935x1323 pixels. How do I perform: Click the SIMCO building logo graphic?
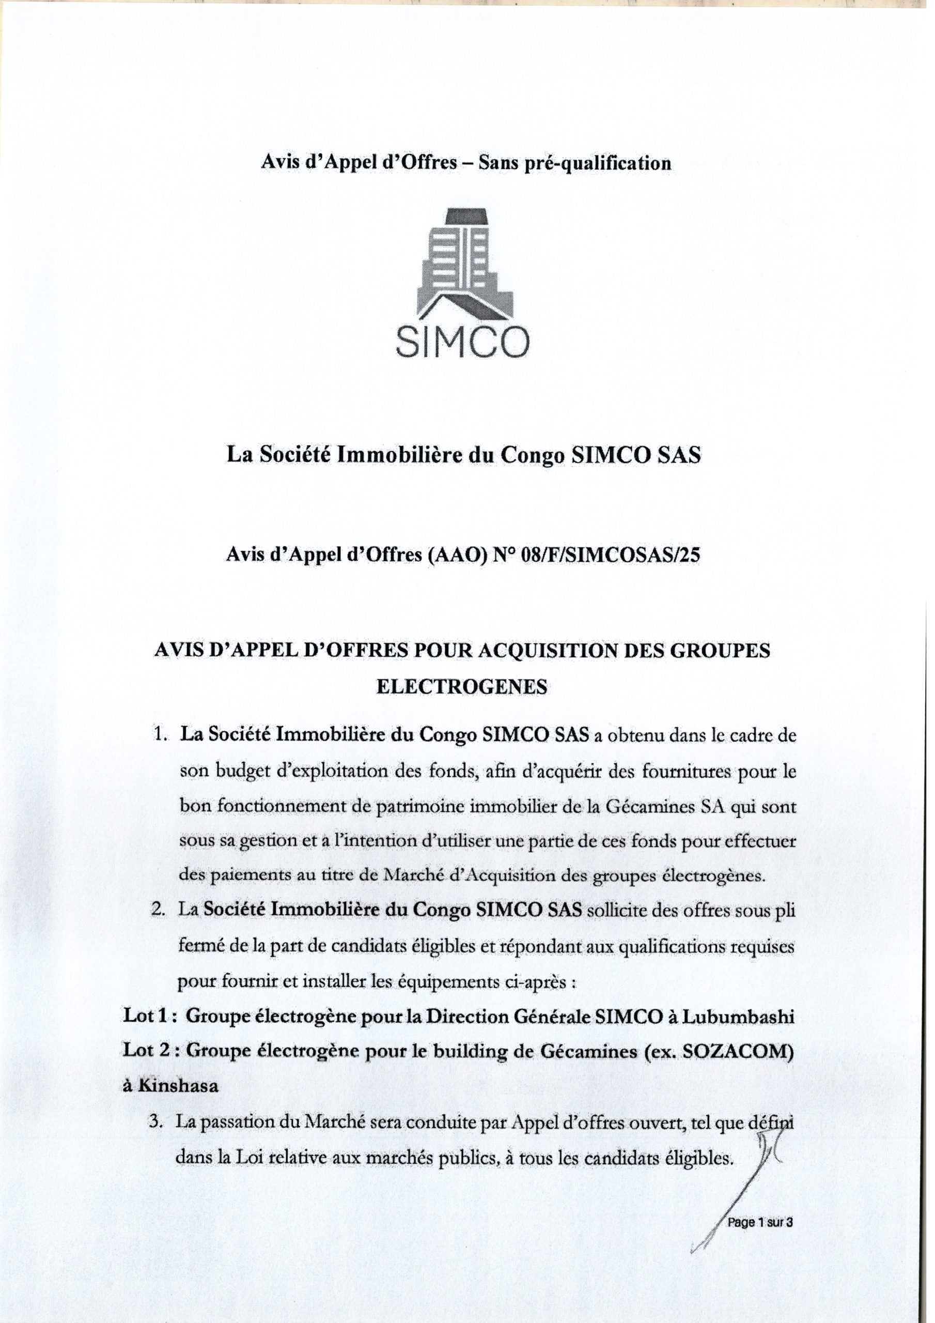point(466,263)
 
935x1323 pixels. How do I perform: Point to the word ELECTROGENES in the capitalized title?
point(461,687)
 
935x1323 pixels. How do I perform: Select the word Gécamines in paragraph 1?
point(648,807)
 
